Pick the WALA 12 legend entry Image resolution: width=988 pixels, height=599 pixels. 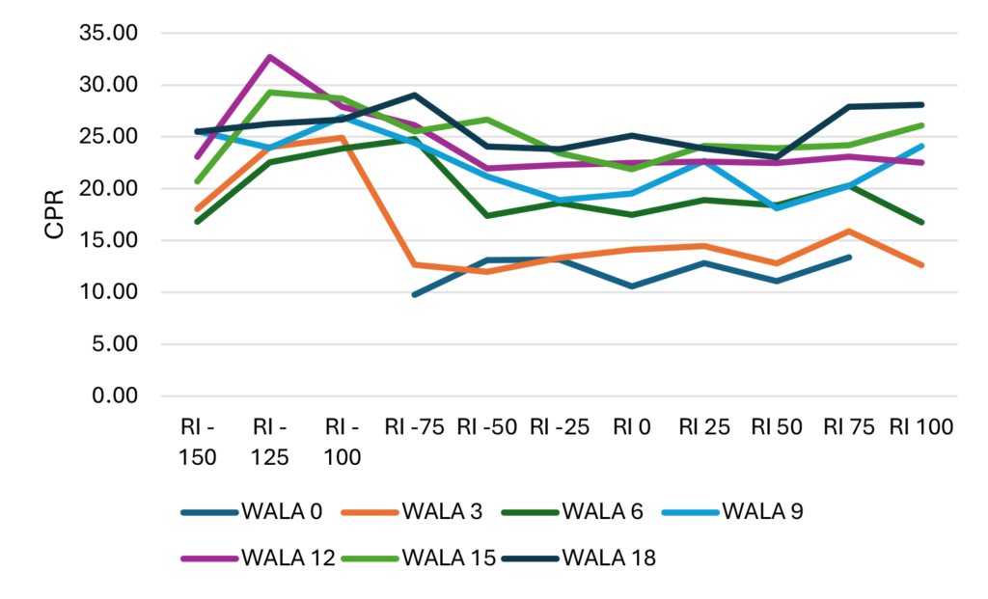coord(260,558)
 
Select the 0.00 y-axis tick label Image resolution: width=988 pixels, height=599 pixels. coord(118,395)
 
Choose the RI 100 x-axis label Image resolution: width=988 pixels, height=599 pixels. coord(922,426)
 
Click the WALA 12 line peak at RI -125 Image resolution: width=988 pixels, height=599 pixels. coord(270,57)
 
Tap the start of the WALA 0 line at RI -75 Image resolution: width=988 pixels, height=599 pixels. coord(414,294)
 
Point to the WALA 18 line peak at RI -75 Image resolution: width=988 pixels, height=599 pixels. coord(414,95)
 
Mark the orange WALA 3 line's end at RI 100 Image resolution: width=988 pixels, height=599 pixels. coord(922,265)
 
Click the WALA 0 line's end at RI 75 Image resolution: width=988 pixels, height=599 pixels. coord(849,257)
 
